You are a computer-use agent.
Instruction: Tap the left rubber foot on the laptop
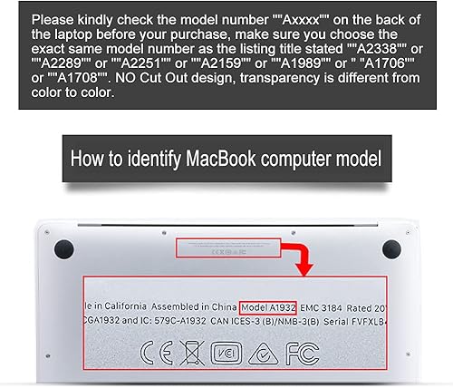point(63,247)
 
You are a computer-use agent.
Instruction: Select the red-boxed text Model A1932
point(268,306)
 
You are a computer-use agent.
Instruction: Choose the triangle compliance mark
point(265,351)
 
